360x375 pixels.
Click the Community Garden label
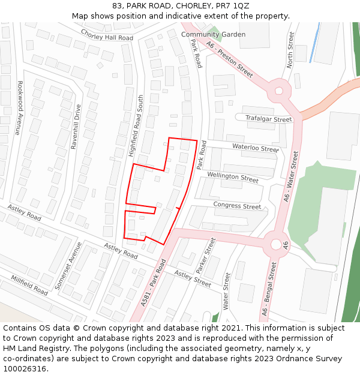click(213, 35)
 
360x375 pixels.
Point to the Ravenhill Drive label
click(76, 127)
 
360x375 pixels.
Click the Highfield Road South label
click(136, 126)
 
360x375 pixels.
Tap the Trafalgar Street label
click(268, 119)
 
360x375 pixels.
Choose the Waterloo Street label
click(255, 148)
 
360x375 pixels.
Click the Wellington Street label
click(233, 177)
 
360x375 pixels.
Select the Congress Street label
click(237, 206)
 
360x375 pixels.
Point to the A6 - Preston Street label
click(229, 59)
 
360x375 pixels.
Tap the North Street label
click(291, 49)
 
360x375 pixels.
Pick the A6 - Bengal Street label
click(269, 289)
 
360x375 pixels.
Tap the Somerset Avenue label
click(68, 266)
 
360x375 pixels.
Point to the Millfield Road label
click(29, 285)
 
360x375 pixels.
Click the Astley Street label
click(193, 278)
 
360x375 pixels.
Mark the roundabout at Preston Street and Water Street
click(278, 91)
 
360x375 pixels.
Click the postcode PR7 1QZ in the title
click(233, 6)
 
